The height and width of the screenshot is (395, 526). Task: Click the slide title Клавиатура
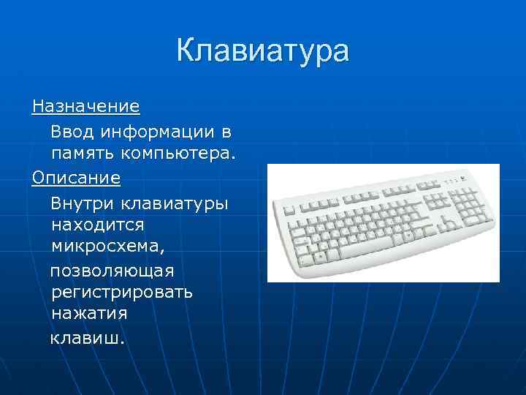point(263,52)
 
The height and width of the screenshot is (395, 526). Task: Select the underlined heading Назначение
point(85,107)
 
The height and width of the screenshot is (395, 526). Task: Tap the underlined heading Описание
point(76,178)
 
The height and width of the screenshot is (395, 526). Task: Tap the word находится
point(98,224)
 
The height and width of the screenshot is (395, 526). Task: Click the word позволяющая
point(111,271)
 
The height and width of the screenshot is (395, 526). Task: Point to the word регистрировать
point(122,293)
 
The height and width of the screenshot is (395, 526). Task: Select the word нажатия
point(89,315)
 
